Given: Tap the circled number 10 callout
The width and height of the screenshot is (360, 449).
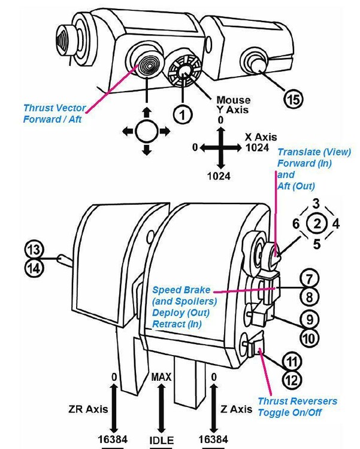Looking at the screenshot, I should (308, 338).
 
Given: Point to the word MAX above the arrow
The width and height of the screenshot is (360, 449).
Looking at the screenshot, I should (161, 378).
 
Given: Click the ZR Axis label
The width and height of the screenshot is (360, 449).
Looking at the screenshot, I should (88, 409).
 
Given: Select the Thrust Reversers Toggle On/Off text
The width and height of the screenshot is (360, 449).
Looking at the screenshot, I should (297, 406).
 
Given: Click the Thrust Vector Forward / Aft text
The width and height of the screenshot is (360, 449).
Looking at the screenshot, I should (55, 113).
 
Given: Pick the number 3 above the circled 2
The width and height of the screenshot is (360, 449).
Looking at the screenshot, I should (316, 204).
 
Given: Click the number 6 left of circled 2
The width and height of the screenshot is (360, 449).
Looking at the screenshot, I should (295, 224).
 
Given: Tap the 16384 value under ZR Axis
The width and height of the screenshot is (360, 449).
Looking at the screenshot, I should (113, 440).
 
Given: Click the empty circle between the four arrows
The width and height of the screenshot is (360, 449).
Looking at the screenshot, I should (146, 130).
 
